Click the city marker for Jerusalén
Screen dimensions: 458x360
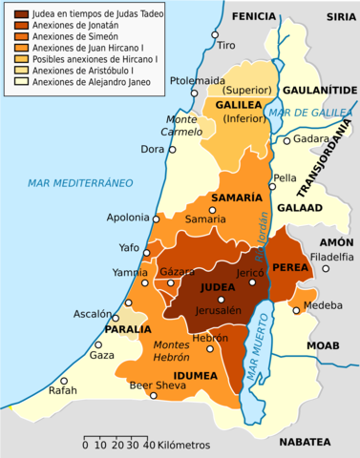221,300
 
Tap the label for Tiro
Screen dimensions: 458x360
226,45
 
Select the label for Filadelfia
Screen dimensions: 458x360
330,257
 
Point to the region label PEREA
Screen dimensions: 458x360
290,270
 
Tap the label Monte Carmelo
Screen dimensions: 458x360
182,125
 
